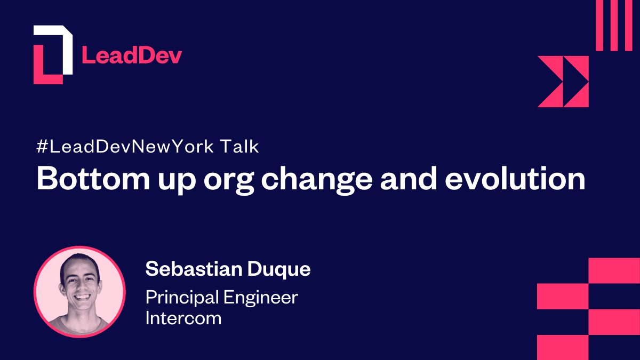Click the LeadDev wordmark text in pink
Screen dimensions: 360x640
131,55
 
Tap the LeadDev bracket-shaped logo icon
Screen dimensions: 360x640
52,54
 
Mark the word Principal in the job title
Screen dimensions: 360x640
182,298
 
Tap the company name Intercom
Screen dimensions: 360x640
183,318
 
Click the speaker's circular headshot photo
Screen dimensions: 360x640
79,292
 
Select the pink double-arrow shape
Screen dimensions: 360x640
563,82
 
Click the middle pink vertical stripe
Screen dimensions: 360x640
614,26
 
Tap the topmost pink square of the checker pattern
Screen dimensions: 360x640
614,270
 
